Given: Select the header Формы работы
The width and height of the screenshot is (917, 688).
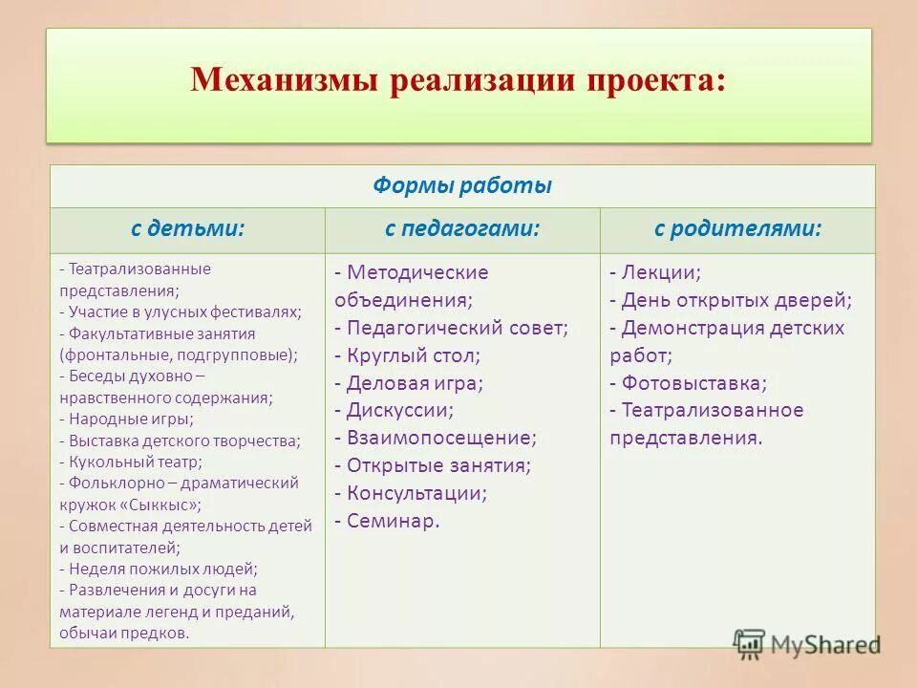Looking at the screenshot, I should [462, 186].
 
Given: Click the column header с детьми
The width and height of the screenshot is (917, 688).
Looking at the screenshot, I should [187, 230].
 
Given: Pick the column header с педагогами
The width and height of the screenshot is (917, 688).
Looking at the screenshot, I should [462, 230].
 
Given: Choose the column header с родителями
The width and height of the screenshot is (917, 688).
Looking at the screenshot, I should [737, 230].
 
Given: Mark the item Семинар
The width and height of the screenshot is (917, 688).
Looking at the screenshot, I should [393, 522].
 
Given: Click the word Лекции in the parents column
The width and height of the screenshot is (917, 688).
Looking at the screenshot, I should [660, 272].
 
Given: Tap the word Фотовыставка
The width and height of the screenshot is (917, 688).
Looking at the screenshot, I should [693, 383].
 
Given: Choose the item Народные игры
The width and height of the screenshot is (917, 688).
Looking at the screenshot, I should [130, 419].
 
